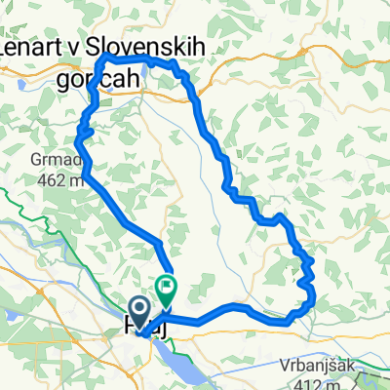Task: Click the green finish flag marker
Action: click(167, 289)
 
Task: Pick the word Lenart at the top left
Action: click(37, 48)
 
